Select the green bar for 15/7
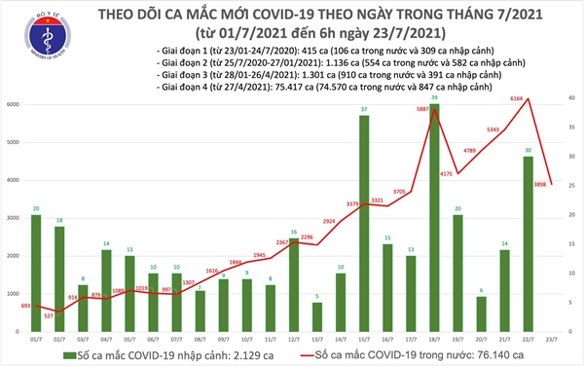click(x=363, y=223)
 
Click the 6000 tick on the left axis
click(x=14, y=104)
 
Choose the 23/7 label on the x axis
click(x=550, y=338)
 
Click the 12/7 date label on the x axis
click(x=293, y=338)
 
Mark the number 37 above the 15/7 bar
click(x=363, y=109)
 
